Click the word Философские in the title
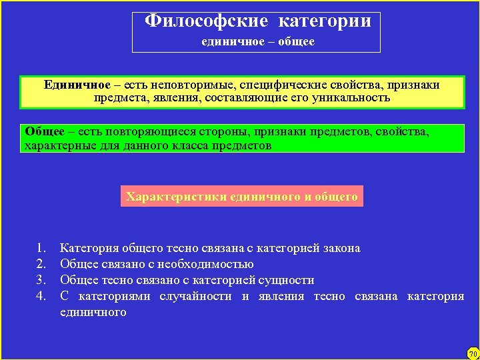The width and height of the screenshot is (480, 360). click(207, 21)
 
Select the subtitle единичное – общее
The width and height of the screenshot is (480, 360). click(258, 41)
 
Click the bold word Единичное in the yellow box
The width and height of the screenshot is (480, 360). click(77, 85)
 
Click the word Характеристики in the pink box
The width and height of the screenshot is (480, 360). click(176, 197)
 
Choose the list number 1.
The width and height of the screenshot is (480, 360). click(41, 249)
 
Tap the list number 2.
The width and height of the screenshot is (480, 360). click(41, 265)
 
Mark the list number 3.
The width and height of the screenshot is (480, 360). click(41, 281)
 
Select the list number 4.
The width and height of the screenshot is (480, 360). click(41, 297)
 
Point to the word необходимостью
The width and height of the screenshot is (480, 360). click(215, 265)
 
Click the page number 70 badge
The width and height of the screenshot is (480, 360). click(473, 353)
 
